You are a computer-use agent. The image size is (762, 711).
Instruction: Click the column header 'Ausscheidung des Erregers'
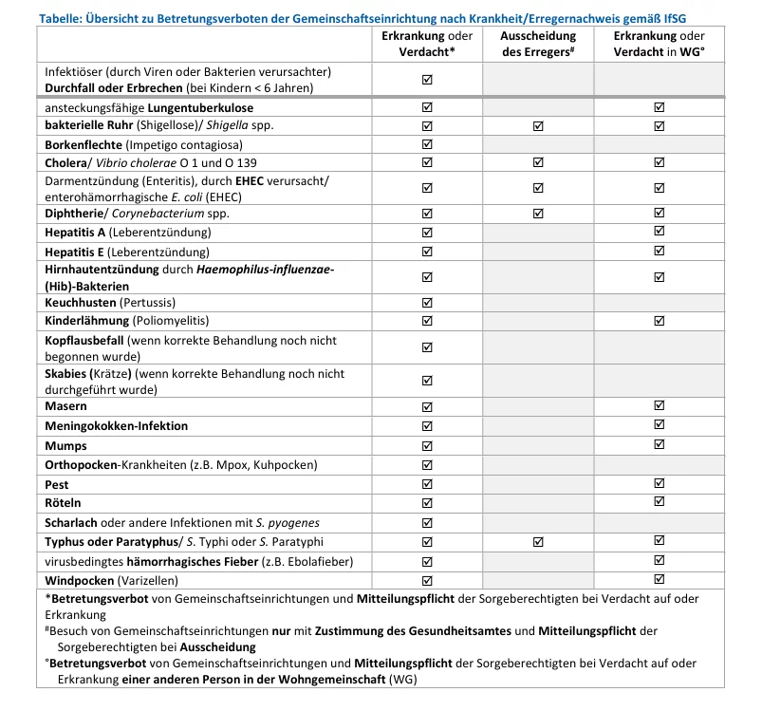click(538, 44)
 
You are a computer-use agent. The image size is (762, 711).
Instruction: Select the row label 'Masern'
click(66, 406)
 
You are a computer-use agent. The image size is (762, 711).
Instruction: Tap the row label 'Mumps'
click(66, 445)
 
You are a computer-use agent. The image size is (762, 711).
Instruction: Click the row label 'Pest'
click(58, 484)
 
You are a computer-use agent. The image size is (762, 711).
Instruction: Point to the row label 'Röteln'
click(64, 503)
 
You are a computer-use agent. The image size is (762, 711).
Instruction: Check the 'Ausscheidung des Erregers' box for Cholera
click(538, 163)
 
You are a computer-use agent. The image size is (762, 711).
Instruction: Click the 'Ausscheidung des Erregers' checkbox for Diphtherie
click(538, 214)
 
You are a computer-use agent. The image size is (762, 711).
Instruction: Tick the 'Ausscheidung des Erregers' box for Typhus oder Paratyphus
click(538, 542)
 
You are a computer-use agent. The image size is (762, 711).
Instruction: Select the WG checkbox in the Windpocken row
click(660, 580)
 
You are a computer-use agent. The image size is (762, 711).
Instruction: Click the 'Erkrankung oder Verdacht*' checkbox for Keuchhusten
click(426, 302)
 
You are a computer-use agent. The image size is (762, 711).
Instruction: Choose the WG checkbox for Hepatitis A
click(660, 233)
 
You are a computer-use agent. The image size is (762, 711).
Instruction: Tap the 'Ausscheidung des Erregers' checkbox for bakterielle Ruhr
click(538, 126)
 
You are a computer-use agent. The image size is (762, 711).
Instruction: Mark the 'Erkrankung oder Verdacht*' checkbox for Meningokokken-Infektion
click(426, 426)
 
